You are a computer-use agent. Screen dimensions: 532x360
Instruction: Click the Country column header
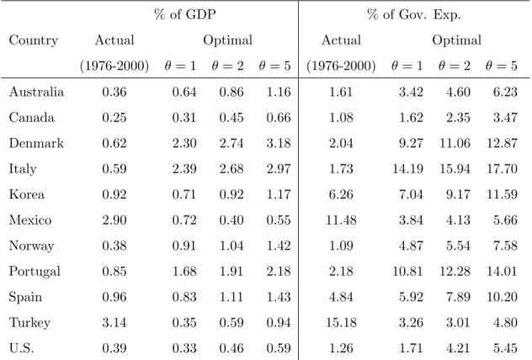34,40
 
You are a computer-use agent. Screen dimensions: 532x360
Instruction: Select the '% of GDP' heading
185,14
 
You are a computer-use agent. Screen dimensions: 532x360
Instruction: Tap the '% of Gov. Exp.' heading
414,14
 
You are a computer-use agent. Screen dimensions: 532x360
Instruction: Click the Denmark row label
36,143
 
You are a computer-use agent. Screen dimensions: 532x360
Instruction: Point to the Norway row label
31,246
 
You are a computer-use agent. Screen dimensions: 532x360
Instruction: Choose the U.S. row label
21,348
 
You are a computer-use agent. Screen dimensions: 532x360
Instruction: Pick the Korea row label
27,194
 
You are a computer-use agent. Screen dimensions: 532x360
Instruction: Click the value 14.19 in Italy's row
407,169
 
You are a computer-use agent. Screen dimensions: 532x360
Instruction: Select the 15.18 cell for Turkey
341,322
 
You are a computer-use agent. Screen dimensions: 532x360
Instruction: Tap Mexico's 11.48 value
341,220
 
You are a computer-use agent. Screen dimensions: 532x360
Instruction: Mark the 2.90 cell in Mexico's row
114,220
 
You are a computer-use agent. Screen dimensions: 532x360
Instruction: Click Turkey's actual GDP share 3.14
114,322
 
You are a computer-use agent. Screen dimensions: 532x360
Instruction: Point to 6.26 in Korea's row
341,194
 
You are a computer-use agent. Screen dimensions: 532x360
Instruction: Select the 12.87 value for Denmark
503,143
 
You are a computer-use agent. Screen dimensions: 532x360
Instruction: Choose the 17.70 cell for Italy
503,169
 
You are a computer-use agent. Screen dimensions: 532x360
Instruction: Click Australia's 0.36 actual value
114,92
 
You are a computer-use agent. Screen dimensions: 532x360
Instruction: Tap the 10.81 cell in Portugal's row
407,271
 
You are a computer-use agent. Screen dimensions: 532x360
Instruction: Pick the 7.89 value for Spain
459,297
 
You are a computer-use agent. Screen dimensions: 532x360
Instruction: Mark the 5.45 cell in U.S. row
506,348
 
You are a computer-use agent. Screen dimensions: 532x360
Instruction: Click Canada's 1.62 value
412,117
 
